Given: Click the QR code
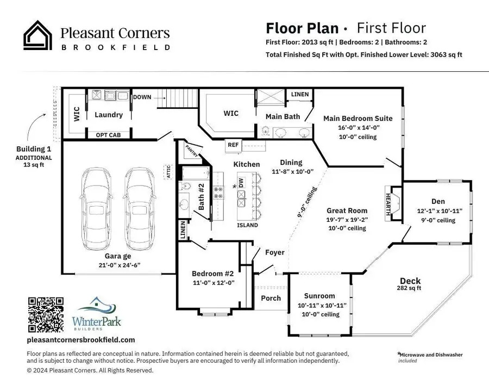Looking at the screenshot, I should click(x=45, y=314).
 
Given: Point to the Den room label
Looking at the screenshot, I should click(x=438, y=201).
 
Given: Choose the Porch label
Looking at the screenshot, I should click(x=271, y=298).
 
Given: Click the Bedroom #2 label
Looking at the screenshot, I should click(x=212, y=274).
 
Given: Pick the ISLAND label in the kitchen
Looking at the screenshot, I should click(x=247, y=225).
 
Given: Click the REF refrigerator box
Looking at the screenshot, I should click(x=233, y=145).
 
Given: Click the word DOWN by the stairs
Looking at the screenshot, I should click(x=142, y=97).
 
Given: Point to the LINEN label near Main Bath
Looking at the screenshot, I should click(x=299, y=95).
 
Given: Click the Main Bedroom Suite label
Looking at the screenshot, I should click(x=358, y=118).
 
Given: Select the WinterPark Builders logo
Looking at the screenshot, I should click(x=95, y=314).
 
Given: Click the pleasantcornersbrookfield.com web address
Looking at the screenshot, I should click(x=80, y=340).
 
